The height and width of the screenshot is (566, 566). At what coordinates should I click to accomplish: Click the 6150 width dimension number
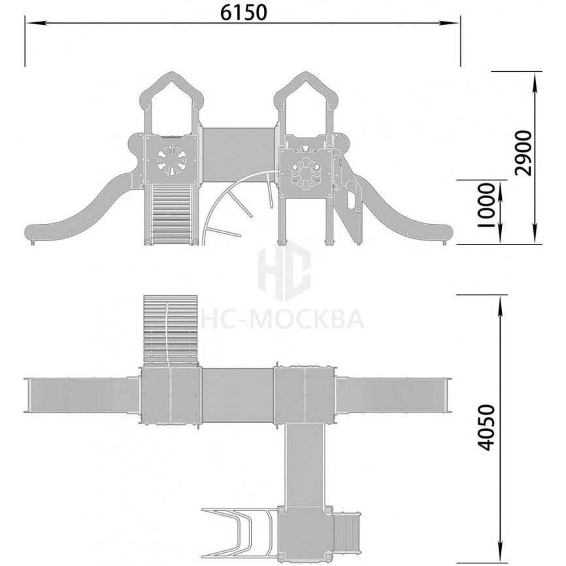pyautogui.click(x=244, y=13)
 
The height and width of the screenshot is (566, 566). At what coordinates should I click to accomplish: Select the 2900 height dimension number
pyautogui.click(x=524, y=153)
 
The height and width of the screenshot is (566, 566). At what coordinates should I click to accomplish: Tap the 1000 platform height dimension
pyautogui.click(x=486, y=205)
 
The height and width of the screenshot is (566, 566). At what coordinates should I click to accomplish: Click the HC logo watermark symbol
pyautogui.click(x=284, y=271)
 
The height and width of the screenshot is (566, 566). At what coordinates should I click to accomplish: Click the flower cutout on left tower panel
pyautogui.click(x=171, y=160)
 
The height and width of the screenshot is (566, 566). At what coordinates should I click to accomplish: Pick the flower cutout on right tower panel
pyautogui.click(x=306, y=172)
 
